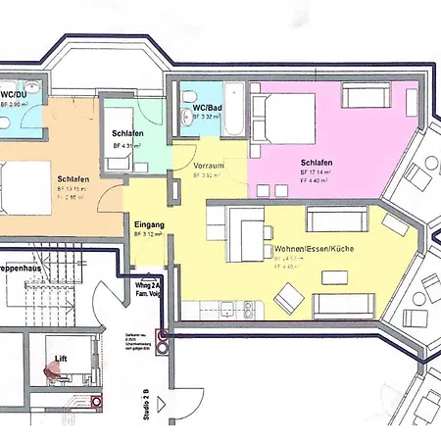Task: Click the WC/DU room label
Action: pyautogui.click(x=15, y=93)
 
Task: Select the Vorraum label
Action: pyautogui.click(x=209, y=167)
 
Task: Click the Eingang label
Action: pyautogui.click(x=148, y=224)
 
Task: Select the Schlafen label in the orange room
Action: pyautogui.click(x=74, y=179)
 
